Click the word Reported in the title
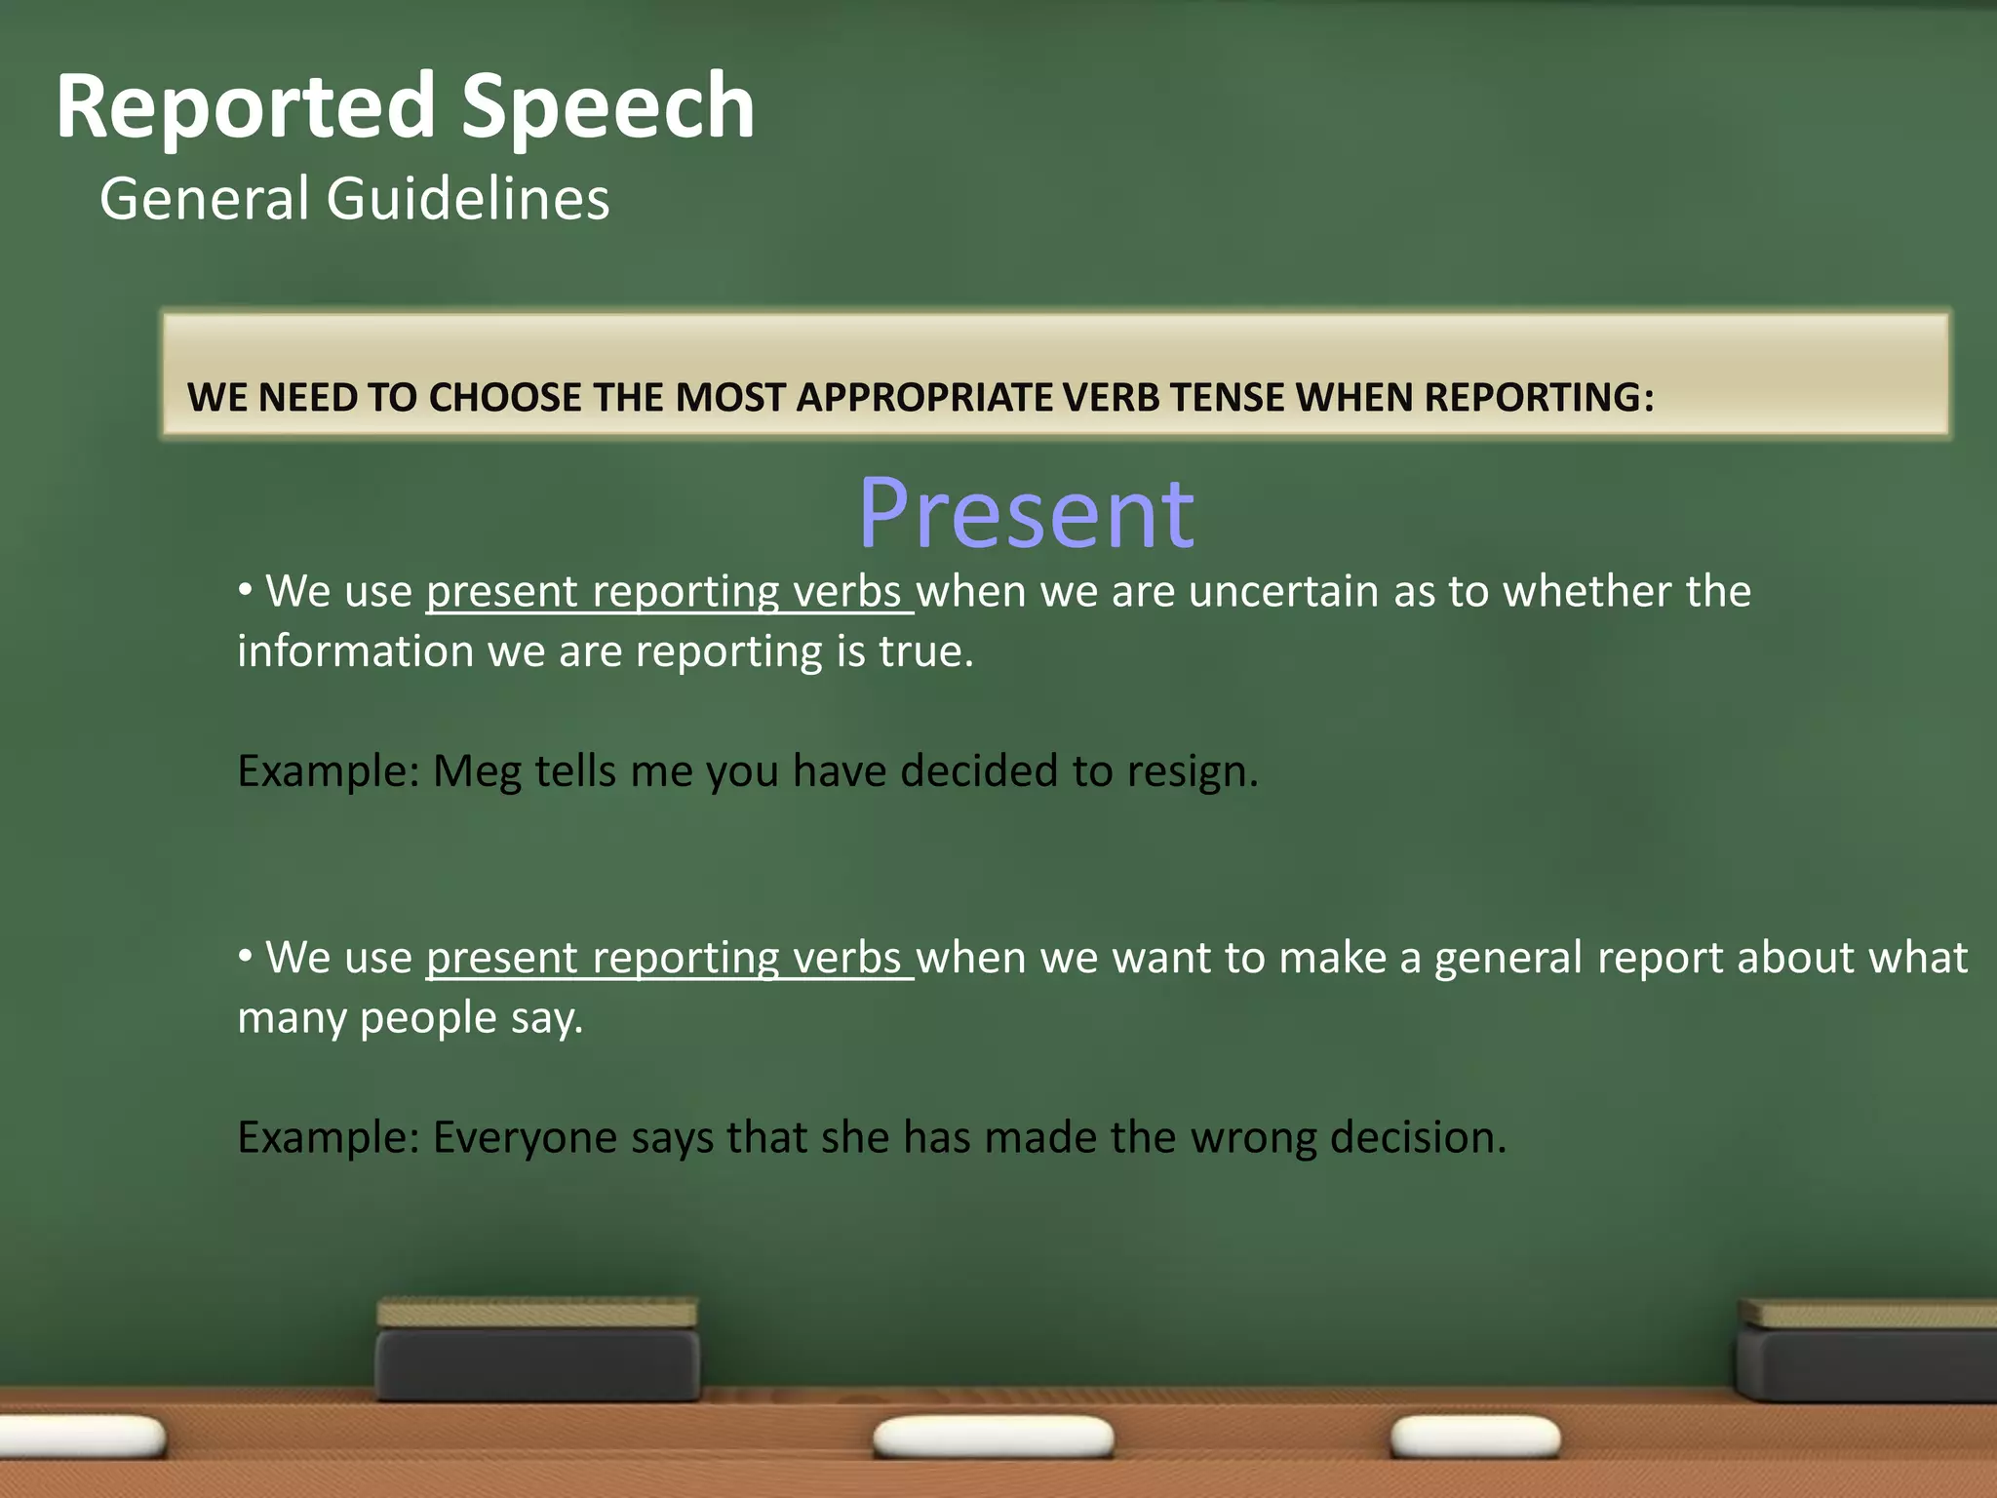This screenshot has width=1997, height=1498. point(245,107)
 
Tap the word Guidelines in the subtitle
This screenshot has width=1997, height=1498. point(467,199)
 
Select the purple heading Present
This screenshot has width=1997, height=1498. point(1026,513)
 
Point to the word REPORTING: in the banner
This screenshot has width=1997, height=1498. point(1538,398)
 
